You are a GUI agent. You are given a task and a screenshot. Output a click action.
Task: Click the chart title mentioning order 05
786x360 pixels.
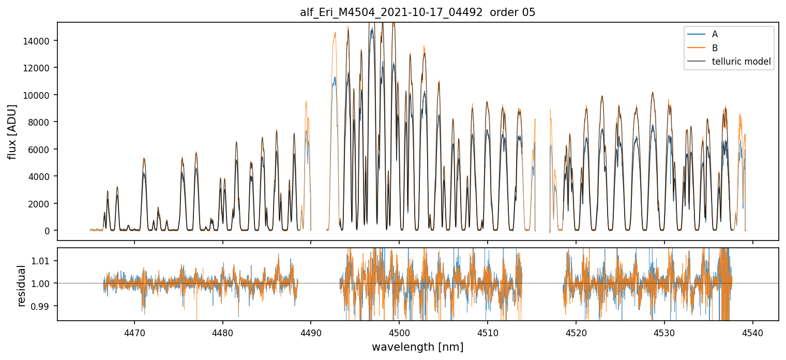point(417,12)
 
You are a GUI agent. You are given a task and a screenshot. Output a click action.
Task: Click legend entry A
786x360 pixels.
point(715,34)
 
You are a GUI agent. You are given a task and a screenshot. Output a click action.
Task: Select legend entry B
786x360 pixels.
point(715,48)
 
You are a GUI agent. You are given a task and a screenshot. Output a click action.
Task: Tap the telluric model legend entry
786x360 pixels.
point(741,62)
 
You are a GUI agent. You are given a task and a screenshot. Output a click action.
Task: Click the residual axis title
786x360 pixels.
point(21,286)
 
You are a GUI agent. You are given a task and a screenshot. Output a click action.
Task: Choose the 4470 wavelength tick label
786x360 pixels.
point(134,331)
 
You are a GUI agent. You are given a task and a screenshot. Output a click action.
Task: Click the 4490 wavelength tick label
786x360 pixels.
point(311,331)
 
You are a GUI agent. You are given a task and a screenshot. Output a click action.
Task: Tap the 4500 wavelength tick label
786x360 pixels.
point(399,331)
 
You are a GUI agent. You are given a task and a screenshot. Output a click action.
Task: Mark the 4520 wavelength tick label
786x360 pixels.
point(576,331)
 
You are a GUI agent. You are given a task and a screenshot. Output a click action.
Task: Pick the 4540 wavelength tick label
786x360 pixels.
point(752,331)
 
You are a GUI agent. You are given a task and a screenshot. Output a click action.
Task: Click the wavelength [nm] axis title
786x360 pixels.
point(417,347)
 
